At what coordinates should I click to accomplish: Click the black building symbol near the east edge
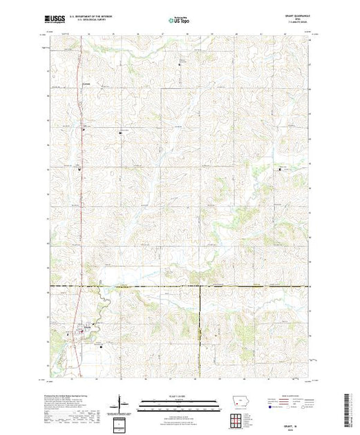pyautogui.click(x=280, y=168)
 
